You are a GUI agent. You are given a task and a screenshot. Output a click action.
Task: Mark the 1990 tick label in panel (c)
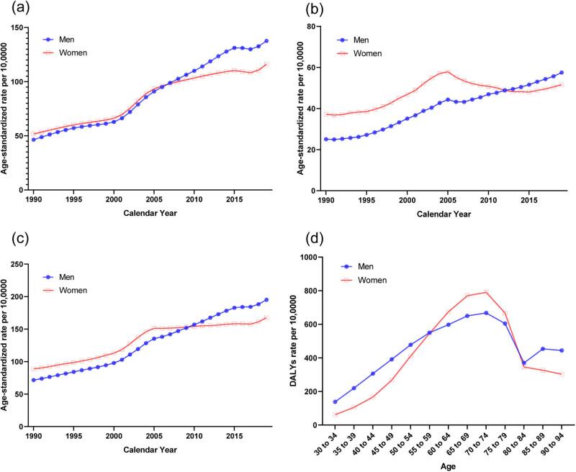(33, 430)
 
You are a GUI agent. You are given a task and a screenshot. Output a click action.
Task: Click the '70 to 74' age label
(484, 440)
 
